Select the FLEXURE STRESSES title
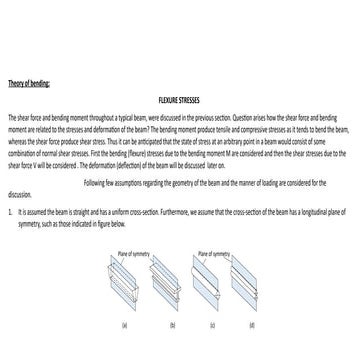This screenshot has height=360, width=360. pos(179,101)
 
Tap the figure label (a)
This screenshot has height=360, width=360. pos(125,326)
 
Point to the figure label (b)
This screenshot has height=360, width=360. pos(172,326)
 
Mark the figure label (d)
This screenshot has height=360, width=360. pos(251,326)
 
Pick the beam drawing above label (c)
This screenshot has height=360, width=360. pos(211,285)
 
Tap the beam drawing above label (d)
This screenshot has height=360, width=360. pos(251,285)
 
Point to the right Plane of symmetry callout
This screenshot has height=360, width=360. pos(215,254)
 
